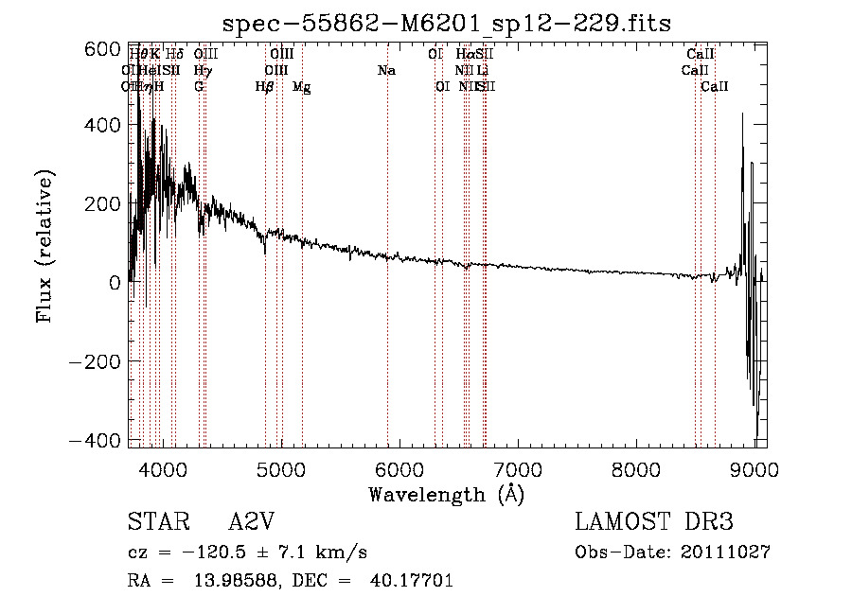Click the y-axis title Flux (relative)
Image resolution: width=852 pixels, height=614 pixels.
pos(44,246)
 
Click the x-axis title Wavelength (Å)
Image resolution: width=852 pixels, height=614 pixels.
pos(446,494)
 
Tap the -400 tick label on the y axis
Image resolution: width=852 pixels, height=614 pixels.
pos(96,441)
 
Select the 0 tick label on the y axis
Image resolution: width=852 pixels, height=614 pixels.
pos(113,283)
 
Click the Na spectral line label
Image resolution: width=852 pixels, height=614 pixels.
pos(386,71)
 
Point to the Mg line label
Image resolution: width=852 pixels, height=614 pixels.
pos(301,87)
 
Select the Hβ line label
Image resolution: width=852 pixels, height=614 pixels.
pos(265,87)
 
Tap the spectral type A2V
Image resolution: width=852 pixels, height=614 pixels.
pos(251,523)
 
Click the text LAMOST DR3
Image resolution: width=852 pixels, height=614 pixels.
pos(653,523)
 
